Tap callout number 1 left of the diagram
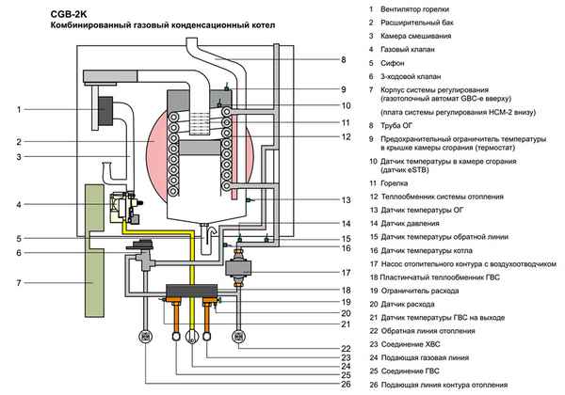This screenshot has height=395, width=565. (x=19, y=110)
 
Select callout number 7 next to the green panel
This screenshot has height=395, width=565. (x=19, y=282)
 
